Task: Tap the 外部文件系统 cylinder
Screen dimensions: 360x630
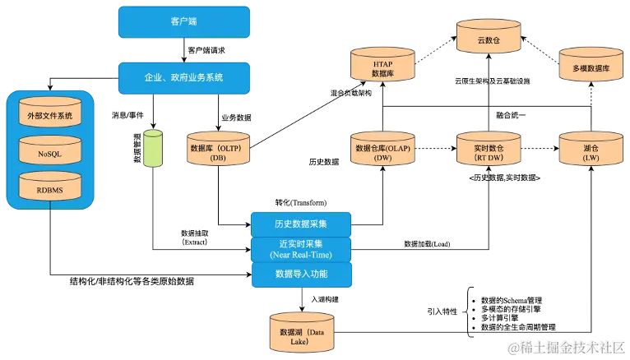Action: coord(50,116)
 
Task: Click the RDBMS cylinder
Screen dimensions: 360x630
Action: coord(50,190)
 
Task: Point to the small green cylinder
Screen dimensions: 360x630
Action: coord(153,150)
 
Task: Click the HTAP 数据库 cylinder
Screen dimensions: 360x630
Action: coord(382,67)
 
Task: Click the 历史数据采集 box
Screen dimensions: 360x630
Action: coord(301,224)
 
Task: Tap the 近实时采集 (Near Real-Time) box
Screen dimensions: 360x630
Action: coord(301,248)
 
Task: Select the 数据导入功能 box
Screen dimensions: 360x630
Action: coord(301,274)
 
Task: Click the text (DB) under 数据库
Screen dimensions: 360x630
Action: coord(218,158)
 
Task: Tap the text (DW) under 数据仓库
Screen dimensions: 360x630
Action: coord(382,158)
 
